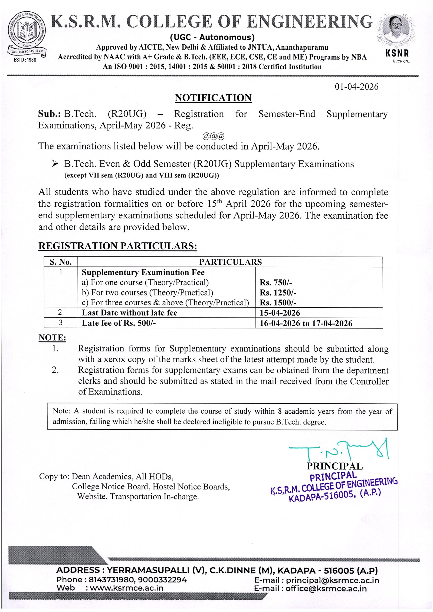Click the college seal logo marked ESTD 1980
tap(27, 37)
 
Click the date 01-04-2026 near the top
tap(356, 87)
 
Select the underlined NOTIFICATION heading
tap(213, 98)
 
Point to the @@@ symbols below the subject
tap(213, 136)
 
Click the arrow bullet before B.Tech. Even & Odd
tap(55, 163)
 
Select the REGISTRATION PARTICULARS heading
tap(117, 246)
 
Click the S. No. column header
tap(61, 262)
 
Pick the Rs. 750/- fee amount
tap(275, 282)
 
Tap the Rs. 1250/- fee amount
tap(278, 292)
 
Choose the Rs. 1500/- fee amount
tap(278, 302)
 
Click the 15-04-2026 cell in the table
tap(280, 313)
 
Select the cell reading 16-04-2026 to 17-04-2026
tap(306, 323)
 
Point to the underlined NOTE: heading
tap(52, 337)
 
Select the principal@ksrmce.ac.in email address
tap(332, 580)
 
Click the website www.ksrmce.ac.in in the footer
tap(126, 588)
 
